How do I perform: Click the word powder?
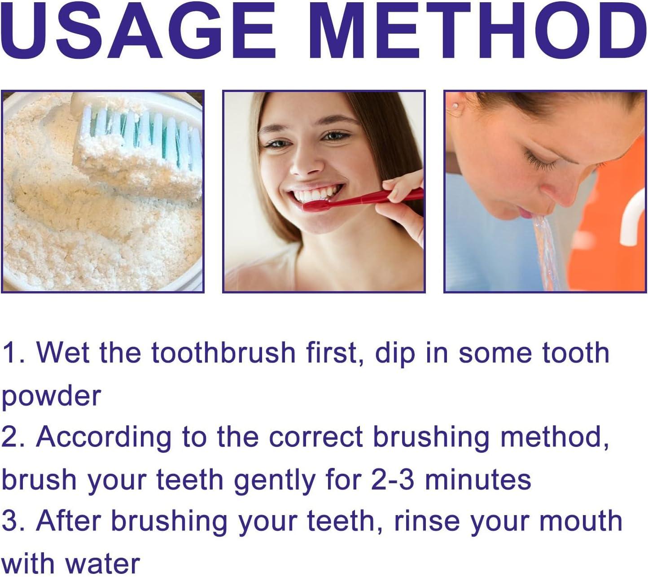coord(52,397)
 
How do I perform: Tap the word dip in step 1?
coord(395,354)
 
